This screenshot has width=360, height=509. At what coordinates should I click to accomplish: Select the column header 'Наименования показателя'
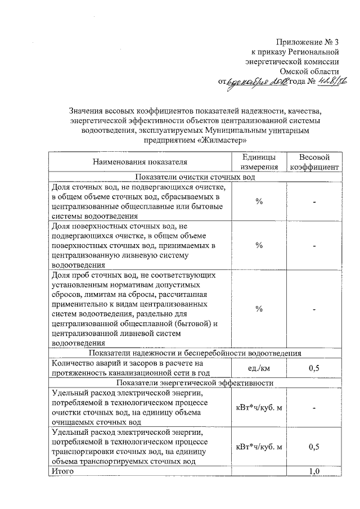coord(139,163)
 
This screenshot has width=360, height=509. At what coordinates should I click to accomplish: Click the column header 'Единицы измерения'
coord(259,163)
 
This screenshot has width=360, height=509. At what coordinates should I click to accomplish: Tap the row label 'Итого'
coord(62,471)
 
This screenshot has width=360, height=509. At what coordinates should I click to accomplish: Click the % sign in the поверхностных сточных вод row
coord(259,245)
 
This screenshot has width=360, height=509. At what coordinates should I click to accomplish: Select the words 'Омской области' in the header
coord(312,71)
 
